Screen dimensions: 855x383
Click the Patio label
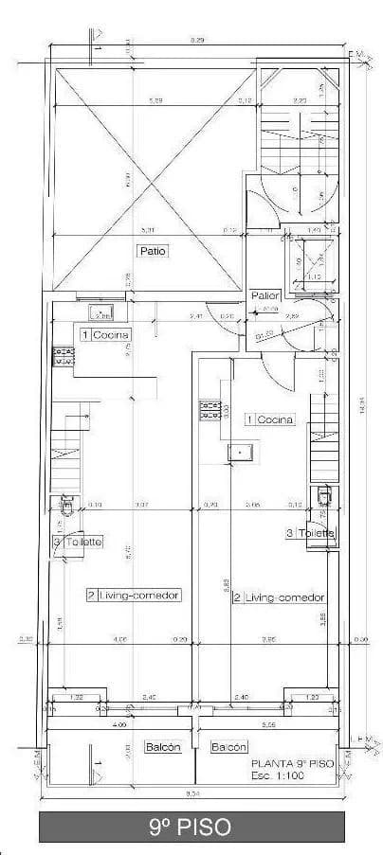(x=152, y=251)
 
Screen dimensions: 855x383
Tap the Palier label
(x=264, y=296)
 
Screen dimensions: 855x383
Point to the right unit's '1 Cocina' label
(x=270, y=419)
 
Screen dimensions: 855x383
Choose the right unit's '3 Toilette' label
(x=310, y=533)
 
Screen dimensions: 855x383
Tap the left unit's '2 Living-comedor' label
(x=134, y=595)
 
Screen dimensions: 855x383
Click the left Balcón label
(x=163, y=747)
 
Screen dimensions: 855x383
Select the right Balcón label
(x=228, y=747)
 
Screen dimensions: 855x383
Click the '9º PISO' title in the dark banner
(x=191, y=827)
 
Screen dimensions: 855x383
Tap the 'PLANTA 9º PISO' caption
(x=294, y=762)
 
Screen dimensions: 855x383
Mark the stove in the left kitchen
(x=64, y=356)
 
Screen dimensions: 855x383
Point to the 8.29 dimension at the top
(x=196, y=40)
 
